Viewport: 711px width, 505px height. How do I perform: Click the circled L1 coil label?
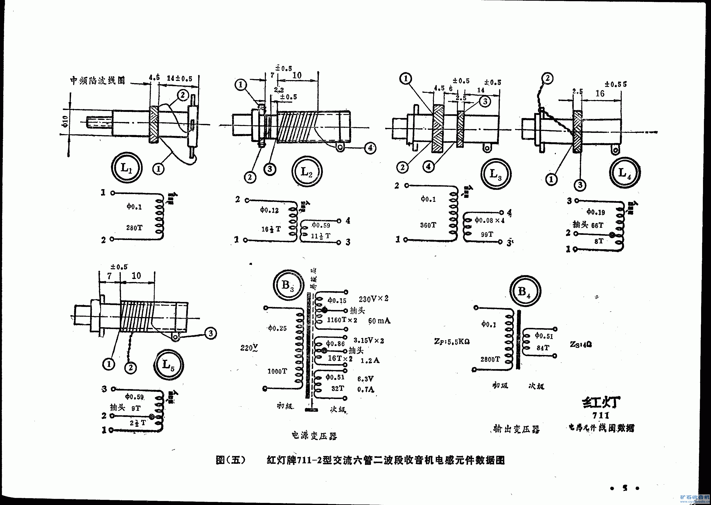point(126,168)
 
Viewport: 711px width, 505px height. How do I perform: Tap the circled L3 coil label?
point(496,174)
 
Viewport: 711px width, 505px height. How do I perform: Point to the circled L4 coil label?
point(625,173)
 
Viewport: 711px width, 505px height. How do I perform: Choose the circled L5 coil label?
point(168,364)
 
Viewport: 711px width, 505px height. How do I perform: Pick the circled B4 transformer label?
point(525,291)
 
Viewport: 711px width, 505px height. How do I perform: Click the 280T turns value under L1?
point(134,228)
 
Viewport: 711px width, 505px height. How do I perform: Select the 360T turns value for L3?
point(428,225)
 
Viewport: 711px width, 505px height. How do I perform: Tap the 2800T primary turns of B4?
point(490,359)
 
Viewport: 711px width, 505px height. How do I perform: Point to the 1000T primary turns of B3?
point(277,371)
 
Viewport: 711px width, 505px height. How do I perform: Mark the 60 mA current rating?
point(379,321)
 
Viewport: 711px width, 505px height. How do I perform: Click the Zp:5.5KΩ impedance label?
point(452,342)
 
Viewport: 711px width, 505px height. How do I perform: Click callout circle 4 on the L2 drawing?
point(370,148)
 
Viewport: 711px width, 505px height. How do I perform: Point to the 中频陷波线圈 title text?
point(97,81)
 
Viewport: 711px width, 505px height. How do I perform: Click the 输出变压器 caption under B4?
point(516,429)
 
